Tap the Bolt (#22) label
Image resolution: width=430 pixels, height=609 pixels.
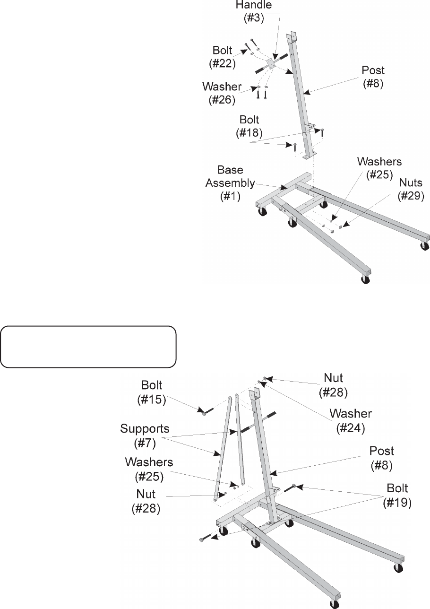tap(222, 56)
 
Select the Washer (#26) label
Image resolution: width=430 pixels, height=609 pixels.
tap(222, 93)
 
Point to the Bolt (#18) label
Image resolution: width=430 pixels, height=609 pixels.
tap(249, 126)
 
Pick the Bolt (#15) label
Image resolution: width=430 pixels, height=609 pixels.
tap(151, 392)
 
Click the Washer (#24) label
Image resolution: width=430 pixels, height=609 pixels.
tap(351, 420)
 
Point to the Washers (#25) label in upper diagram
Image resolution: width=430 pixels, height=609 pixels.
tap(379, 167)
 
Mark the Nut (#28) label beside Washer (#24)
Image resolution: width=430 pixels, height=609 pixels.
tap(333, 384)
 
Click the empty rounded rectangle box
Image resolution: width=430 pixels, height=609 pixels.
tap(88, 347)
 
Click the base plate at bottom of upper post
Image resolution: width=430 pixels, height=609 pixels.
tap(307, 155)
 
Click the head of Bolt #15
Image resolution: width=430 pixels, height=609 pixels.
tap(204, 413)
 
